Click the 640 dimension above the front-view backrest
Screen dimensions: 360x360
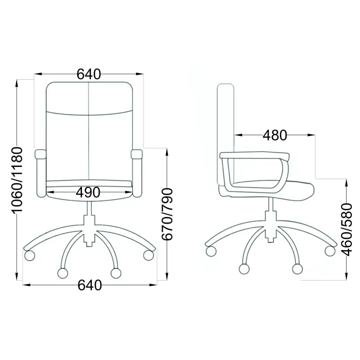89,74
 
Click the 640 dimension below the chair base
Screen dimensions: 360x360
90,285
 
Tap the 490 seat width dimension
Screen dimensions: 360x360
88,193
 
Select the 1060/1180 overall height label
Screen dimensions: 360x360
18,180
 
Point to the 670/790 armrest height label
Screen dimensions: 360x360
167,214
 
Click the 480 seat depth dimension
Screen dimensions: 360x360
275,135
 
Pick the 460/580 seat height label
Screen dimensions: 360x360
346,229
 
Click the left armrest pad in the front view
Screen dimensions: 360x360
40,154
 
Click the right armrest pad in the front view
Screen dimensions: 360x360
137,154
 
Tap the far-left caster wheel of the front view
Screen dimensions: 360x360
30,256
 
